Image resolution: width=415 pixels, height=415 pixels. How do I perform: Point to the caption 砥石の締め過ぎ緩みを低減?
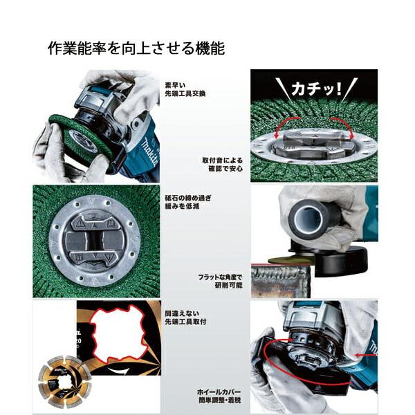pos(187,201)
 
